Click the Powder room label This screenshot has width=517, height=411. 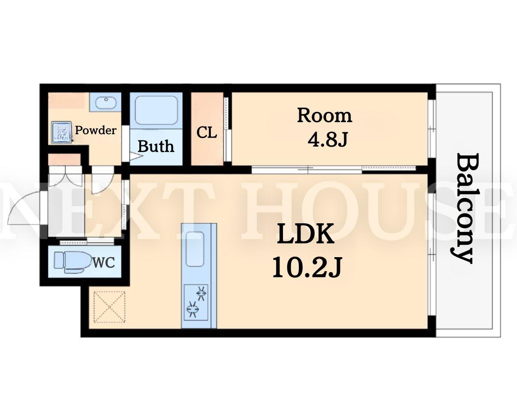pyautogui.click(x=96, y=130)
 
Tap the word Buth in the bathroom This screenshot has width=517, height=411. pyautogui.click(x=156, y=146)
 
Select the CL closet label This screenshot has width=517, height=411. pyautogui.click(x=207, y=132)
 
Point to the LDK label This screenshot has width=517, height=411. pyautogui.click(x=305, y=234)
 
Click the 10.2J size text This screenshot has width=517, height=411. pyautogui.click(x=307, y=267)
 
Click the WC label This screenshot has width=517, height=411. pyautogui.click(x=104, y=263)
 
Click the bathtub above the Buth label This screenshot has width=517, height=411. pyautogui.click(x=156, y=110)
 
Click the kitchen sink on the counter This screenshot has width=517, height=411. pyautogui.click(x=195, y=249)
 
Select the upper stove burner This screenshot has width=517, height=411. pyautogui.click(x=201, y=293)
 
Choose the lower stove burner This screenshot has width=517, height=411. pyautogui.click(x=192, y=309)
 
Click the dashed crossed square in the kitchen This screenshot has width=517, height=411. pyautogui.click(x=110, y=307)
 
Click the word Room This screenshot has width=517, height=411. pyautogui.click(x=325, y=116)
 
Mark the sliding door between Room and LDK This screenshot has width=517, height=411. pyautogui.click(x=334, y=170)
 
